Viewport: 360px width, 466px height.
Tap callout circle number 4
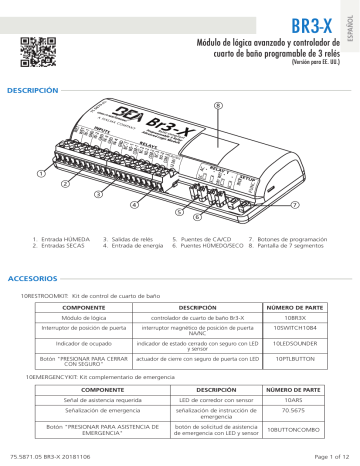coord(134,205)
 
